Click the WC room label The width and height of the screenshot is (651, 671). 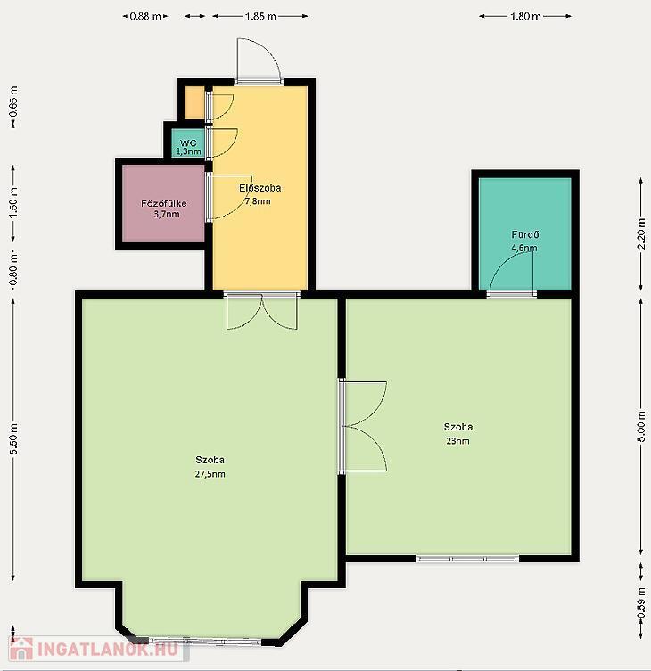tap(188, 143)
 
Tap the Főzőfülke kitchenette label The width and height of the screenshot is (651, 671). tap(163, 204)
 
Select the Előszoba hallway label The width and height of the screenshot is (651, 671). tap(260, 188)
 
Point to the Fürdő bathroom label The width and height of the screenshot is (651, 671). tap(525, 234)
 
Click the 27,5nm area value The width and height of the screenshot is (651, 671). tap(210, 474)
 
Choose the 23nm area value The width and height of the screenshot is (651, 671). tap(457, 441)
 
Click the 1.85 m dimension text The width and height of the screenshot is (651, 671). tap(260, 17)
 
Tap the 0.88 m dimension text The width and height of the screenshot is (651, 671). tap(145, 17)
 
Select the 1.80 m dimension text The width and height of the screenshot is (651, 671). tap(525, 17)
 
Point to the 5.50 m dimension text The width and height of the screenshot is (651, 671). tap(13, 439)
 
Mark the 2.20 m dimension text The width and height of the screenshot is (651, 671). tap(641, 233)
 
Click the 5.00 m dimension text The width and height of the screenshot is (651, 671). tap(641, 427)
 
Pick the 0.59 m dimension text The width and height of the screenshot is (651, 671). tap(641, 602)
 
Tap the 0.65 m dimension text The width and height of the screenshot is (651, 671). tap(13, 102)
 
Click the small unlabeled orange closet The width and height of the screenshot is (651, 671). tap(194, 102)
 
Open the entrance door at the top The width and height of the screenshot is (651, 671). tap(259, 61)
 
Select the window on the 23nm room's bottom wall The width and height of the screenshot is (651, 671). tap(467, 559)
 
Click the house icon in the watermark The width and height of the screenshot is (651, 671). tap(21, 649)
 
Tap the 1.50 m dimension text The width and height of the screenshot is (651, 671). tap(13, 202)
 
